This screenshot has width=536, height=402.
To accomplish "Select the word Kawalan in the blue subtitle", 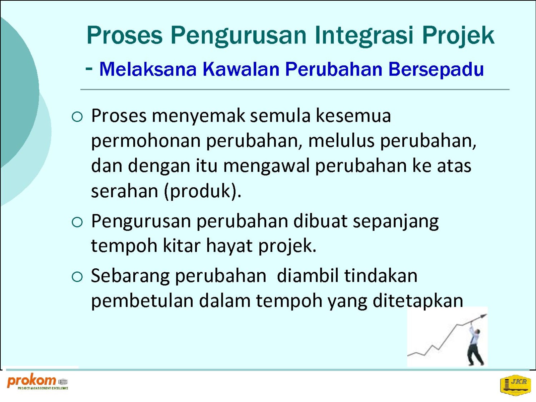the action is (241, 69).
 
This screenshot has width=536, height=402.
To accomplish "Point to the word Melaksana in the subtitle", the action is (148, 69).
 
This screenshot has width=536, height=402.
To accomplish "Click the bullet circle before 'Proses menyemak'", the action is (77, 117).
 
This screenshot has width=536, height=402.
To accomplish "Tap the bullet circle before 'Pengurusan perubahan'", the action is (77, 222).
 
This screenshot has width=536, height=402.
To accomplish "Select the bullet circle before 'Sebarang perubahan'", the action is (77, 277).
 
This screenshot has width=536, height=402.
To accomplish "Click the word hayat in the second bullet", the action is (229, 246).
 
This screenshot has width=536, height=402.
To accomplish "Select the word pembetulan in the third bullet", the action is (142, 301).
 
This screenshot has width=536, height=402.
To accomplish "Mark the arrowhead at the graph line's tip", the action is (483, 316).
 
